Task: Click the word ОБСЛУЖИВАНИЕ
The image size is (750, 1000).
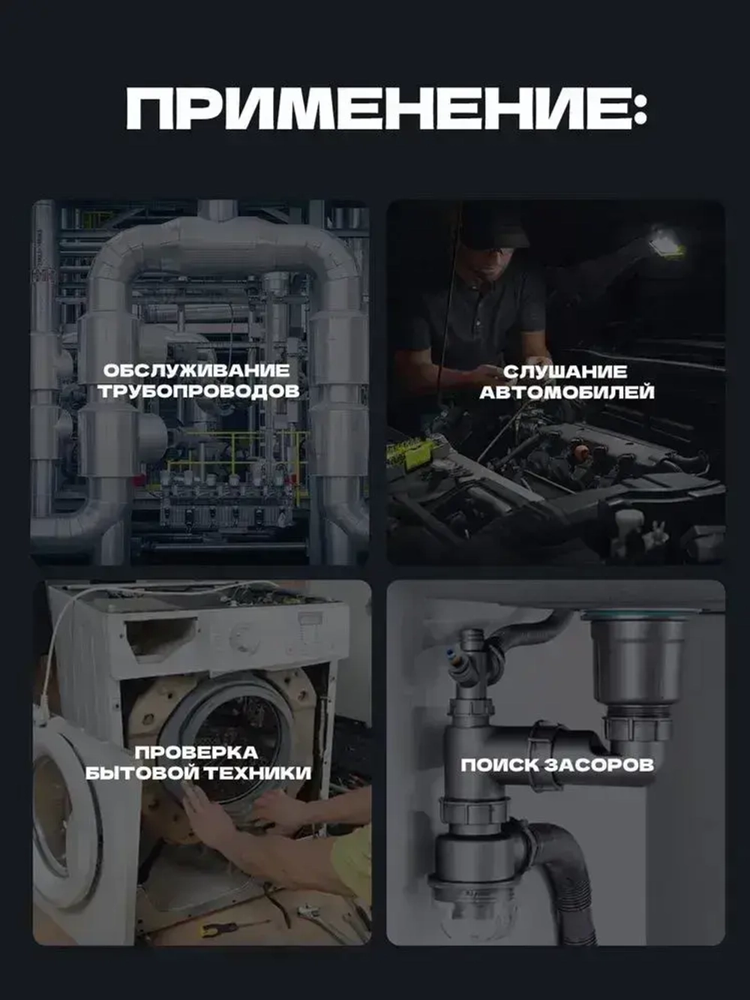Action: click(x=196, y=371)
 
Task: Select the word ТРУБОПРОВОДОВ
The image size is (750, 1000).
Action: click(x=199, y=392)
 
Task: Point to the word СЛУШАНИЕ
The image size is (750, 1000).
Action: click(x=565, y=372)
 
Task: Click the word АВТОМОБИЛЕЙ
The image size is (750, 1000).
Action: click(x=567, y=392)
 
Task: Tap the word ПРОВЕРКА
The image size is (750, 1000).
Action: click(x=196, y=752)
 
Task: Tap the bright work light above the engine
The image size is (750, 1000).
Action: click(x=667, y=239)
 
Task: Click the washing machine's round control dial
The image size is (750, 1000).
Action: click(x=242, y=638)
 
